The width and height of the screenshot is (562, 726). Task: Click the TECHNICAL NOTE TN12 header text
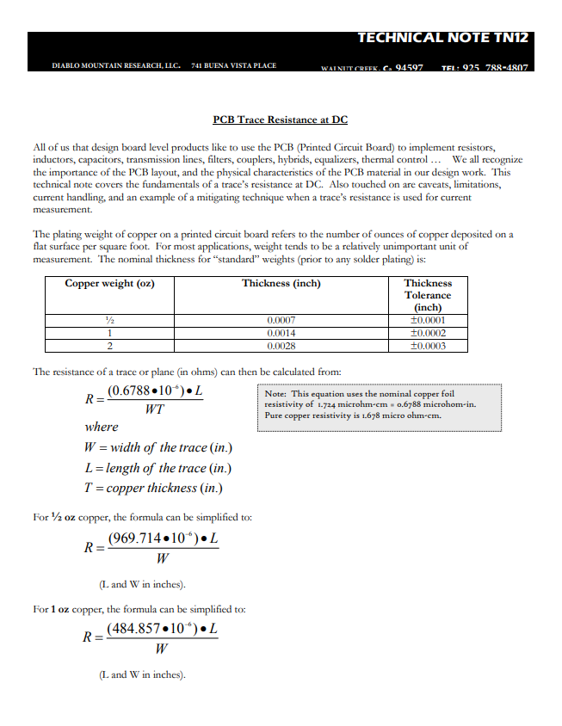442,38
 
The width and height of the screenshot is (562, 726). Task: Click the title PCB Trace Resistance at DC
280,120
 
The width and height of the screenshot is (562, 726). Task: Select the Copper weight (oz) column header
109,283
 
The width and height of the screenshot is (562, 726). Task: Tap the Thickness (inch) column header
281,283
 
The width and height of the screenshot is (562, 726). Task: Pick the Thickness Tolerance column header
428,294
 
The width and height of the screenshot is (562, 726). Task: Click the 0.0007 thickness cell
281,321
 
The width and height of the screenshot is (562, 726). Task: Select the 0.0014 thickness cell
281,333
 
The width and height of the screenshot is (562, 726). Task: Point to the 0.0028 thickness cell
281,345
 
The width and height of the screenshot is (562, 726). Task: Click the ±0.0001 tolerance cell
428,321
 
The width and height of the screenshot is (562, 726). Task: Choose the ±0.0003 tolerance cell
428,345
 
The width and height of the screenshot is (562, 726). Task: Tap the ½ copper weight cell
109,321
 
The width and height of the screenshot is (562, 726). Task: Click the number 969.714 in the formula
136,539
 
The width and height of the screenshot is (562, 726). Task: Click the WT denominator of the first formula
154,409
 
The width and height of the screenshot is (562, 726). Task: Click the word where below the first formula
102,427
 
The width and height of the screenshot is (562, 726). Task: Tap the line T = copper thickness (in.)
153,488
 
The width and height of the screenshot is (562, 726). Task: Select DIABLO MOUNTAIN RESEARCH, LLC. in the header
116,65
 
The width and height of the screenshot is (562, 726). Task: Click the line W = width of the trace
158,447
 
